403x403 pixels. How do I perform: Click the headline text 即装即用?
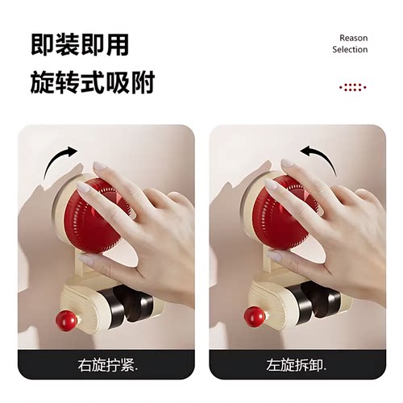tap(80, 45)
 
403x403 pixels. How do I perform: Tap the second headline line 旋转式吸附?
tap(92, 83)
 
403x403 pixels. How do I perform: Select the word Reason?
tap(353, 38)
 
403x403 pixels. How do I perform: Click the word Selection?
tap(350, 50)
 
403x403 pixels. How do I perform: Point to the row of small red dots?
tap(352, 86)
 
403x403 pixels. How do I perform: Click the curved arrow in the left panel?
tap(60, 160)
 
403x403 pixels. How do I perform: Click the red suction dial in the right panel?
tap(285, 213)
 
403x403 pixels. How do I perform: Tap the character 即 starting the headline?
tap(43, 45)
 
